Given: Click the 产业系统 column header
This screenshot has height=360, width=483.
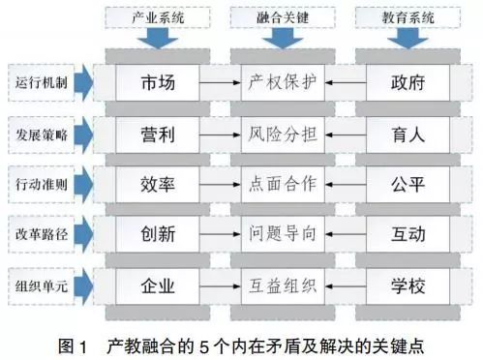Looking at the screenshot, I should click(158, 16).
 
